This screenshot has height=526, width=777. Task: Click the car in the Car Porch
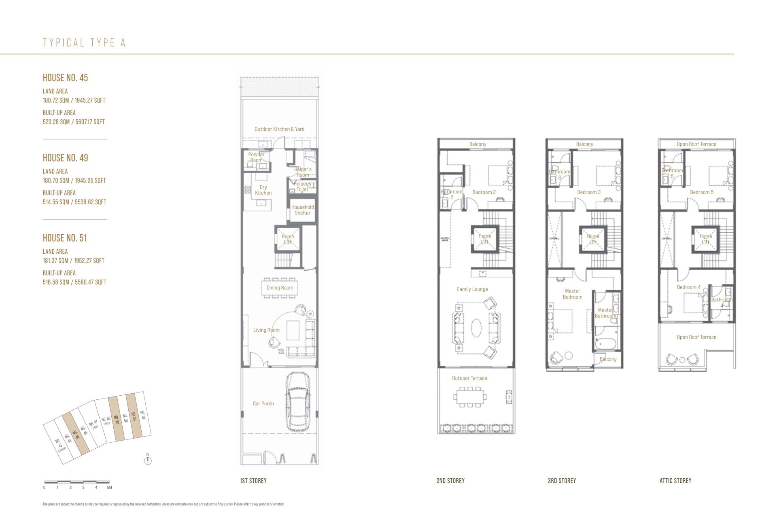coord(298,403)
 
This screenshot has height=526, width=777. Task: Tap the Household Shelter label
coord(302,210)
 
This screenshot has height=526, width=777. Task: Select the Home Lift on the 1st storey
coord(288,240)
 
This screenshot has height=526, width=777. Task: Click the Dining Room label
coord(280,288)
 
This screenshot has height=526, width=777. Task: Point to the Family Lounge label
coord(472,289)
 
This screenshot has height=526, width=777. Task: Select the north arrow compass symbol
coord(148,460)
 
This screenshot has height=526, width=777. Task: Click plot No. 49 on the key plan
coord(117,419)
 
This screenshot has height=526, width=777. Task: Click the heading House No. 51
coord(65,238)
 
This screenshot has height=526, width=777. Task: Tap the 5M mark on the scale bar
coord(109,488)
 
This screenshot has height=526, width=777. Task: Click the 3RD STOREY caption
coord(562,481)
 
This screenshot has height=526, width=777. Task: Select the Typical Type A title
coord(84,43)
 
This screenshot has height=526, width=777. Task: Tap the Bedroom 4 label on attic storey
coord(688,287)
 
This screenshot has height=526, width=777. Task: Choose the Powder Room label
coord(256,157)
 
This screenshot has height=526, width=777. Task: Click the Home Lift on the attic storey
coord(705,240)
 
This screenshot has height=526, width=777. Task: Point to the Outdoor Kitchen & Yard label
coord(279,129)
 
